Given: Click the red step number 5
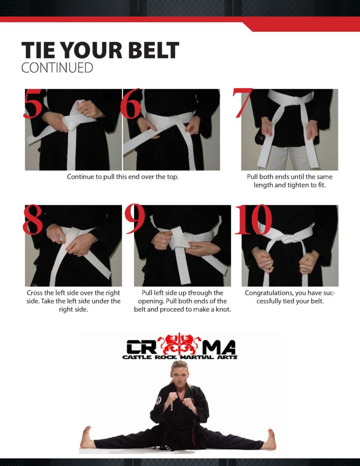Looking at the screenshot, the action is point(33,104).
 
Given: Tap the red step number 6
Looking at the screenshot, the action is point(131,104).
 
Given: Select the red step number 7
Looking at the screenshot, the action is point(242,102).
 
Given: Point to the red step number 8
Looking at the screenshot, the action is point(33,219).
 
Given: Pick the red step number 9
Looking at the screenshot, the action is point(135,219).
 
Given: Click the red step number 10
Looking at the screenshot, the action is point(253,219).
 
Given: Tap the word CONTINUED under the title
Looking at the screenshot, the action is point(57,68).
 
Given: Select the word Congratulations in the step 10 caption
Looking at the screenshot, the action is point(268,294).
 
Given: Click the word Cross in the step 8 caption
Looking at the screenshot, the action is point(35,293).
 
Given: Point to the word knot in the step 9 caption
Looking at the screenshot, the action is point(224,309).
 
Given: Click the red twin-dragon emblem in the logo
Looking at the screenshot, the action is point(179,344).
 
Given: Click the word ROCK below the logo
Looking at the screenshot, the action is point(166,357).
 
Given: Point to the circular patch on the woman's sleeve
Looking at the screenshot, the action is point(158,400).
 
